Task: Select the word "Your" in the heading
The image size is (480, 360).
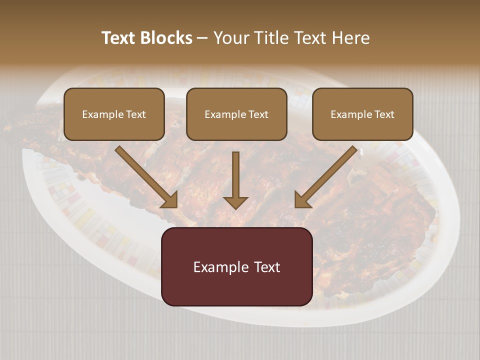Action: (230, 38)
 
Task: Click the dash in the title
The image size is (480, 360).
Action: (202, 38)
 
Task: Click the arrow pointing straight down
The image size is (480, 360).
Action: (235, 177)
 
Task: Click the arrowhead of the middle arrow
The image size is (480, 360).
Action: (235, 202)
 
